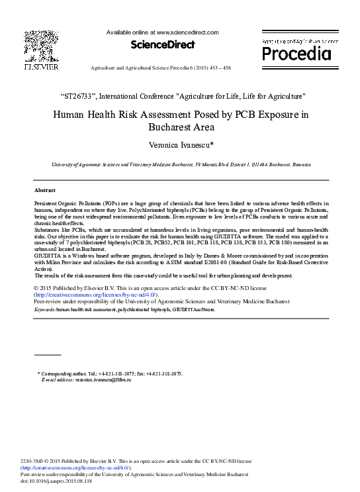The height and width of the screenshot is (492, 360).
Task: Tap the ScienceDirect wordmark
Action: click(163, 45)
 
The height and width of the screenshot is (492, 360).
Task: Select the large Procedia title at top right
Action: click(296, 52)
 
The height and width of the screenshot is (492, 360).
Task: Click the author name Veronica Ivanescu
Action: click(180, 144)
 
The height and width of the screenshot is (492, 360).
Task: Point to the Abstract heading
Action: click(44, 189)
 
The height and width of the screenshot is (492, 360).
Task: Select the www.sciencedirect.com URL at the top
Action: click(187, 32)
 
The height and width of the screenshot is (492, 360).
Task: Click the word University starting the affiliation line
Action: click(64, 164)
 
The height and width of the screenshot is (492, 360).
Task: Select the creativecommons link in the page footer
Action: click(81, 468)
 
